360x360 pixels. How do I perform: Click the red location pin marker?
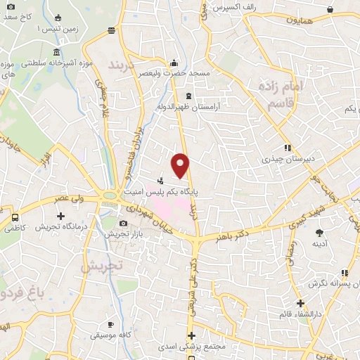point(181,165)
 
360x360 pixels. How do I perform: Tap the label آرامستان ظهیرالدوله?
point(188,108)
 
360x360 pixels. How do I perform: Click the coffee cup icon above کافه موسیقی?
point(110,324)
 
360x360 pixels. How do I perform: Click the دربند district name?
point(125,64)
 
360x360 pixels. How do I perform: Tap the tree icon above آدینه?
point(320,232)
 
